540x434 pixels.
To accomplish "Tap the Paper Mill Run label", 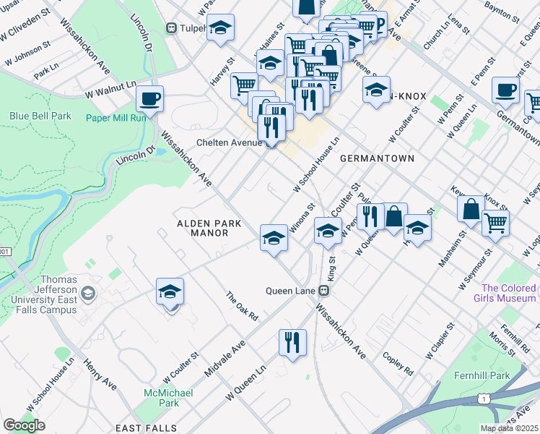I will tap(116, 118).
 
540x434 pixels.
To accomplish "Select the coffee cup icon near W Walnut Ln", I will tap(149, 98).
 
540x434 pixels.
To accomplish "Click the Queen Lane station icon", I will tap(325, 291).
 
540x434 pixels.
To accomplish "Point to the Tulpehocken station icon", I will tap(172, 28).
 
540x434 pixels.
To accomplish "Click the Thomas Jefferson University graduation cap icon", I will tap(88, 293).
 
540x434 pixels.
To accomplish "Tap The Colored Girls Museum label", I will tap(505, 293).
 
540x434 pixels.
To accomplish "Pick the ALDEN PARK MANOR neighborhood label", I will tap(203, 229).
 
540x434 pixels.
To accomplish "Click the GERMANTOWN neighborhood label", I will tap(376, 158).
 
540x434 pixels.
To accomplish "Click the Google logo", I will tap(25, 425).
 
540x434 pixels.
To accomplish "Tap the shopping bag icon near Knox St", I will tap(471, 209).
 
